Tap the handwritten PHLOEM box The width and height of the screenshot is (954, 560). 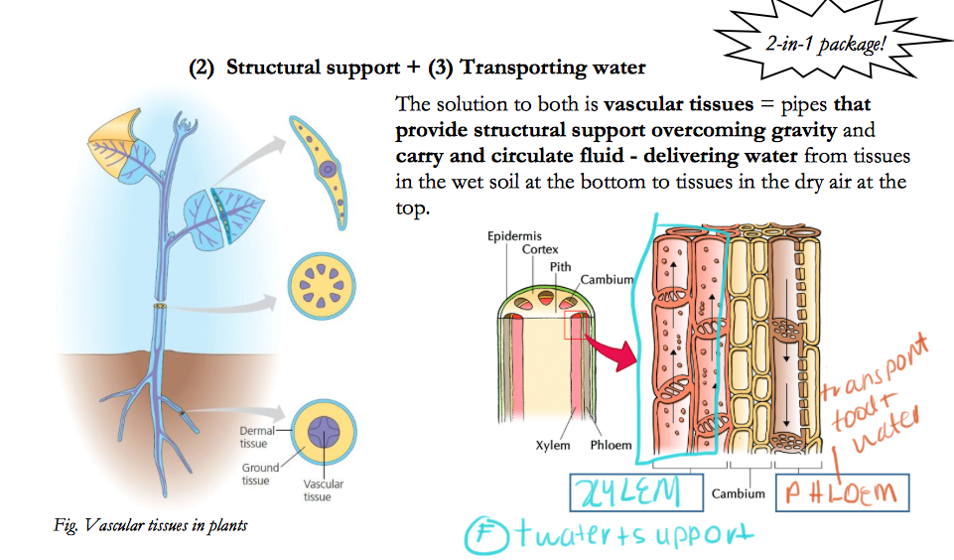click(840, 492)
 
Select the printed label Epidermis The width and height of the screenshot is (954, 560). click(514, 236)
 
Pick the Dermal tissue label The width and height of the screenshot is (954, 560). click(256, 437)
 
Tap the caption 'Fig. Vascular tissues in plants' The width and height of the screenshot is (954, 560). click(150, 525)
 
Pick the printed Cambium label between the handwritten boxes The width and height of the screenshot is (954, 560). click(739, 493)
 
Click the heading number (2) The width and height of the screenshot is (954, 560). click(203, 69)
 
